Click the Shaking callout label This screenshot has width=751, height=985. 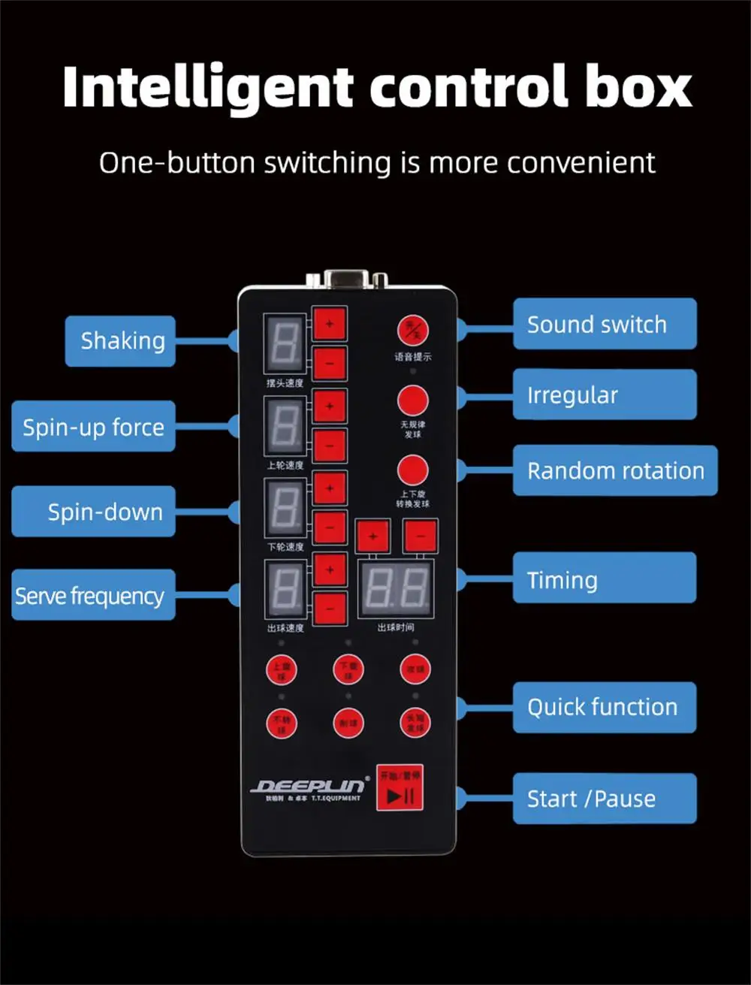pyautogui.click(x=121, y=341)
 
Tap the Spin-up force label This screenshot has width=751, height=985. pyautogui.click(x=93, y=427)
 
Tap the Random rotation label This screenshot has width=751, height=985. pyautogui.click(x=614, y=470)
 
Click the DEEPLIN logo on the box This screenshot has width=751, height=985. pyautogui.click(x=309, y=787)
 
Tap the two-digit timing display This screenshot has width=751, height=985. pyautogui.click(x=397, y=588)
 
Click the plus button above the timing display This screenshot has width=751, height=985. pyautogui.click(x=372, y=536)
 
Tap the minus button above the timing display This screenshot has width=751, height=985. pyautogui.click(x=420, y=536)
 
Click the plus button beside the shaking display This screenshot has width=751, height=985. pyautogui.click(x=330, y=325)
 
